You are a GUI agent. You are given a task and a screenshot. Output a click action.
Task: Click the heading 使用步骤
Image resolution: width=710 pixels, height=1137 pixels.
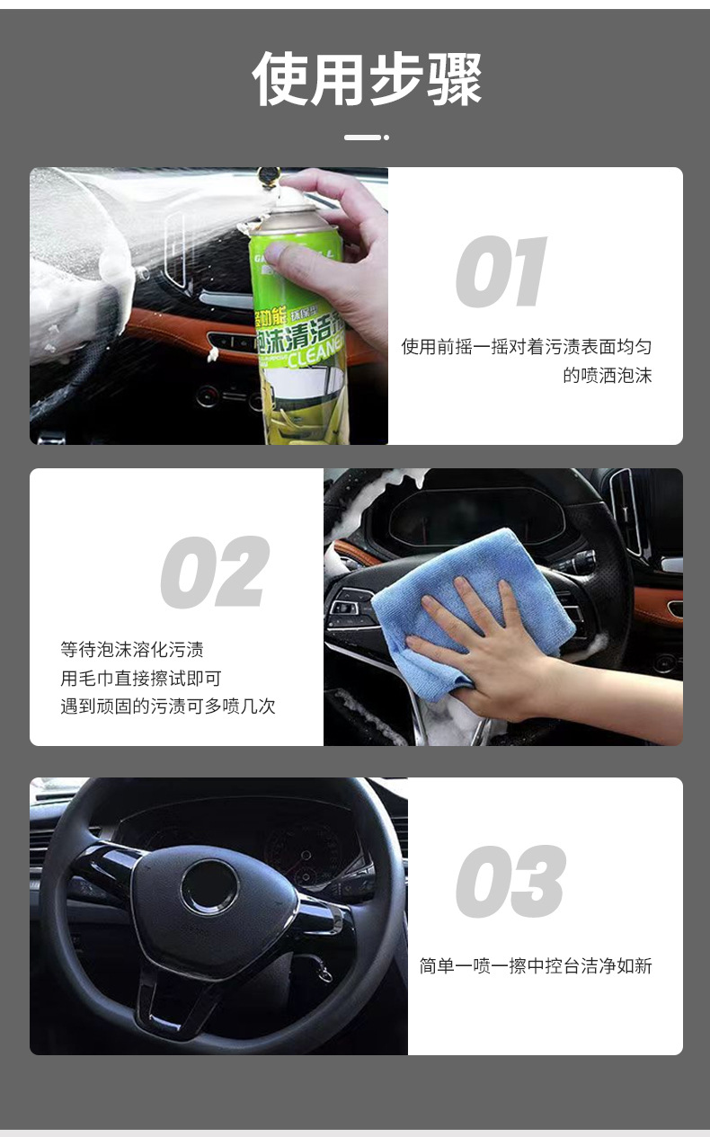tap(367, 80)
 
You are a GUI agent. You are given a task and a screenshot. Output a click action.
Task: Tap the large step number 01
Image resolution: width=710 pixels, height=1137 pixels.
tap(501, 272)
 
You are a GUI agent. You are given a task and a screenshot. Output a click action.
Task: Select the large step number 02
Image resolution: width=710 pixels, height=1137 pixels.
tap(215, 573)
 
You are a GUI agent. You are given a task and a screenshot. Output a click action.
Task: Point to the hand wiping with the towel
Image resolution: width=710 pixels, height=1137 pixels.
tap(485, 647)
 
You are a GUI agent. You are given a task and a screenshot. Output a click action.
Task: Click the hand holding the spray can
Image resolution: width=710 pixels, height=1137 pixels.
tap(346, 243)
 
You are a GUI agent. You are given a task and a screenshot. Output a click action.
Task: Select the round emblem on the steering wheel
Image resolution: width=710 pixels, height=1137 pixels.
tap(209, 886)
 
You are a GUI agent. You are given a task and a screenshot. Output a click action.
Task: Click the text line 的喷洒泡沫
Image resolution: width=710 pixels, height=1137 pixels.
tap(607, 376)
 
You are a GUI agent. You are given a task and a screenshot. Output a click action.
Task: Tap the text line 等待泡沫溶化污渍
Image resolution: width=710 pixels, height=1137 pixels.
tap(132, 649)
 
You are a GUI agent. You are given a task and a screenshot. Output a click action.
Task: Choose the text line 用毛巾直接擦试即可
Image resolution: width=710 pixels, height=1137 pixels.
tap(141, 678)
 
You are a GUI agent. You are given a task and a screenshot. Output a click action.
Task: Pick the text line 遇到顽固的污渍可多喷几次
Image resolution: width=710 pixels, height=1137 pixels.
tap(168, 706)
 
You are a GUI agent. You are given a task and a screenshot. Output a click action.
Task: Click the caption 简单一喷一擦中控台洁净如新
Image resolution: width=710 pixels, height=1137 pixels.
tap(536, 966)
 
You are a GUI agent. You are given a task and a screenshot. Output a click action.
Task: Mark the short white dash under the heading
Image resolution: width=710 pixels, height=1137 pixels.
tap(363, 138)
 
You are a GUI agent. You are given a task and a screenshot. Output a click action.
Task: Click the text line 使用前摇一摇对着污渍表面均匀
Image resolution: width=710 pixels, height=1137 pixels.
tap(527, 347)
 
